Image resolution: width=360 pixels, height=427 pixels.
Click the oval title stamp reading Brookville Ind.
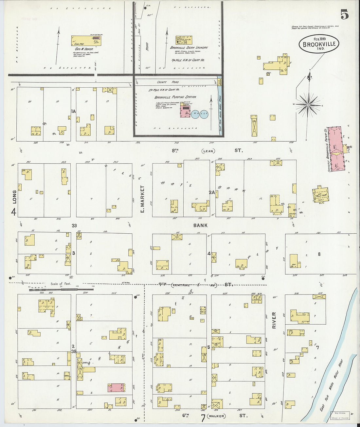coord(319,44)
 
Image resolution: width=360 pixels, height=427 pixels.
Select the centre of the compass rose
coord(308,105)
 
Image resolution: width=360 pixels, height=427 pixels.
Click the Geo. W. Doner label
coord(85,49)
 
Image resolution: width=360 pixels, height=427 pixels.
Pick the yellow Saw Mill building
coord(86,41)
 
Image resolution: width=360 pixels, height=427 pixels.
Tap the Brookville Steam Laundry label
coord(189,47)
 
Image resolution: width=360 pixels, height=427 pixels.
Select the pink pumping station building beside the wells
coord(185,111)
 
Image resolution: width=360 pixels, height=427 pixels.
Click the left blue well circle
coord(195,114)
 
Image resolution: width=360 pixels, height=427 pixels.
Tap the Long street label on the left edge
coord(14,196)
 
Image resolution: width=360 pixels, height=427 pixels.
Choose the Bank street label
coord(200,225)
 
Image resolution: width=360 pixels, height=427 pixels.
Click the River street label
coord(274,320)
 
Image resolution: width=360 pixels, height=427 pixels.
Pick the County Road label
coord(168,82)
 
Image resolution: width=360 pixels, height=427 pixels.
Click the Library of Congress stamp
coord(340,416)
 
